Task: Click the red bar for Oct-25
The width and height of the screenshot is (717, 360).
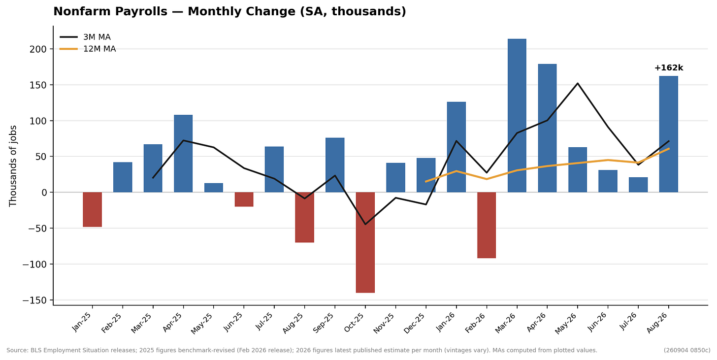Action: point(365,242)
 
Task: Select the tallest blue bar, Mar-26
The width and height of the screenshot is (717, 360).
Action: point(517,116)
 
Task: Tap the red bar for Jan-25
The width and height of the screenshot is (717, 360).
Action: point(92,209)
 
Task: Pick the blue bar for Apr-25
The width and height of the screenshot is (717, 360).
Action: point(183,154)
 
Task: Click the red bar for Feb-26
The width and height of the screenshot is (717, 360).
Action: point(487,225)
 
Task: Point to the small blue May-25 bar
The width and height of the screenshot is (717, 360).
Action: point(214,188)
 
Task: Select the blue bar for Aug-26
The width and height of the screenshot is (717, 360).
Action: point(669,134)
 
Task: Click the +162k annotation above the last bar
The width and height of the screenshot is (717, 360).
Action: point(669,68)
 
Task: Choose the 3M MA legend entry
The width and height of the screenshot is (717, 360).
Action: point(86,37)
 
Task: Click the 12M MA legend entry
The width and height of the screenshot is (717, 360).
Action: point(88,49)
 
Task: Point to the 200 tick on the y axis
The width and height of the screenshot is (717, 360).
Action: point(38,49)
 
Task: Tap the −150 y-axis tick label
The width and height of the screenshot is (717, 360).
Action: point(34,300)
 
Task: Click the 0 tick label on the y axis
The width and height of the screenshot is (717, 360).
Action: point(44,193)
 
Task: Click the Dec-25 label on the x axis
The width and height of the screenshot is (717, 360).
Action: point(414,323)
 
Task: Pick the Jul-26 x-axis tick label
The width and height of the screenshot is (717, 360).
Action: point(628,322)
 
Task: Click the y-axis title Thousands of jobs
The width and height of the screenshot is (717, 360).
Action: point(13,166)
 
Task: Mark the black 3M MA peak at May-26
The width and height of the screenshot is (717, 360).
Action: point(578,83)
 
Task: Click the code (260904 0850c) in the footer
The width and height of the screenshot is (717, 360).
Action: point(687,351)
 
